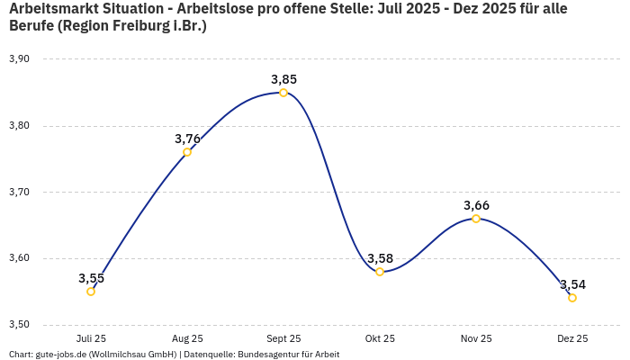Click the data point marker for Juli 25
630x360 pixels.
tap(91, 292)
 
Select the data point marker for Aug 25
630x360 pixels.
tap(187, 152)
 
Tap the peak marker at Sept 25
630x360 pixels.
tap(283, 93)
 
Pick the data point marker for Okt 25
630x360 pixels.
tap(380, 272)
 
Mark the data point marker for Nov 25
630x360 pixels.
tap(476, 219)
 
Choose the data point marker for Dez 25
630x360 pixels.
tap(572, 298)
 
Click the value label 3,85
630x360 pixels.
tap(283, 79)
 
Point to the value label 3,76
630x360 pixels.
tap(187, 139)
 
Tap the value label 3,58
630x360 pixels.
tap(380, 258)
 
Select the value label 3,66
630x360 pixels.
tap(476, 205)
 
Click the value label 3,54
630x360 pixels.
tap(572, 284)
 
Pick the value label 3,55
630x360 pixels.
tap(91, 278)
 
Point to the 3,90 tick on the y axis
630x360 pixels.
tap(19, 59)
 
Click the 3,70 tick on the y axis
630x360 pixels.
tap(19, 193)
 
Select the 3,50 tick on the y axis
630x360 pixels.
tap(19, 325)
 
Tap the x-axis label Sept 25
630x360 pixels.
tap(283, 339)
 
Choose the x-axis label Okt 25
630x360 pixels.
tap(380, 339)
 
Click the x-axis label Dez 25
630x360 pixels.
tap(572, 339)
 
